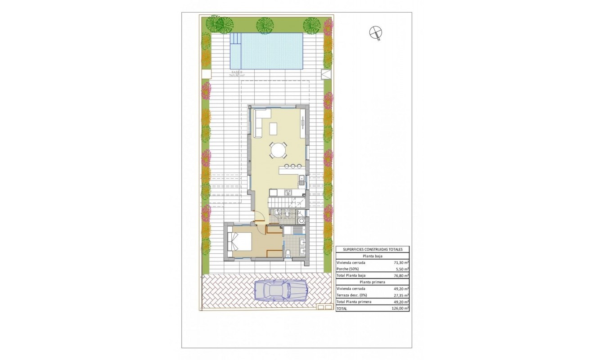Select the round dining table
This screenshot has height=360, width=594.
(x=278, y=150)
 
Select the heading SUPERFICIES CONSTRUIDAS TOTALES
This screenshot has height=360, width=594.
(x=373, y=249)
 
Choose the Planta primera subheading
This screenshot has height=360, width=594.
(x=373, y=282)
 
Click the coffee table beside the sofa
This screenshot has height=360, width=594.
(x=273, y=129)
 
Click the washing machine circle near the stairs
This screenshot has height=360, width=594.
(x=301, y=220)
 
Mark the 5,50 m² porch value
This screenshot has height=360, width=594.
(x=400, y=269)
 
